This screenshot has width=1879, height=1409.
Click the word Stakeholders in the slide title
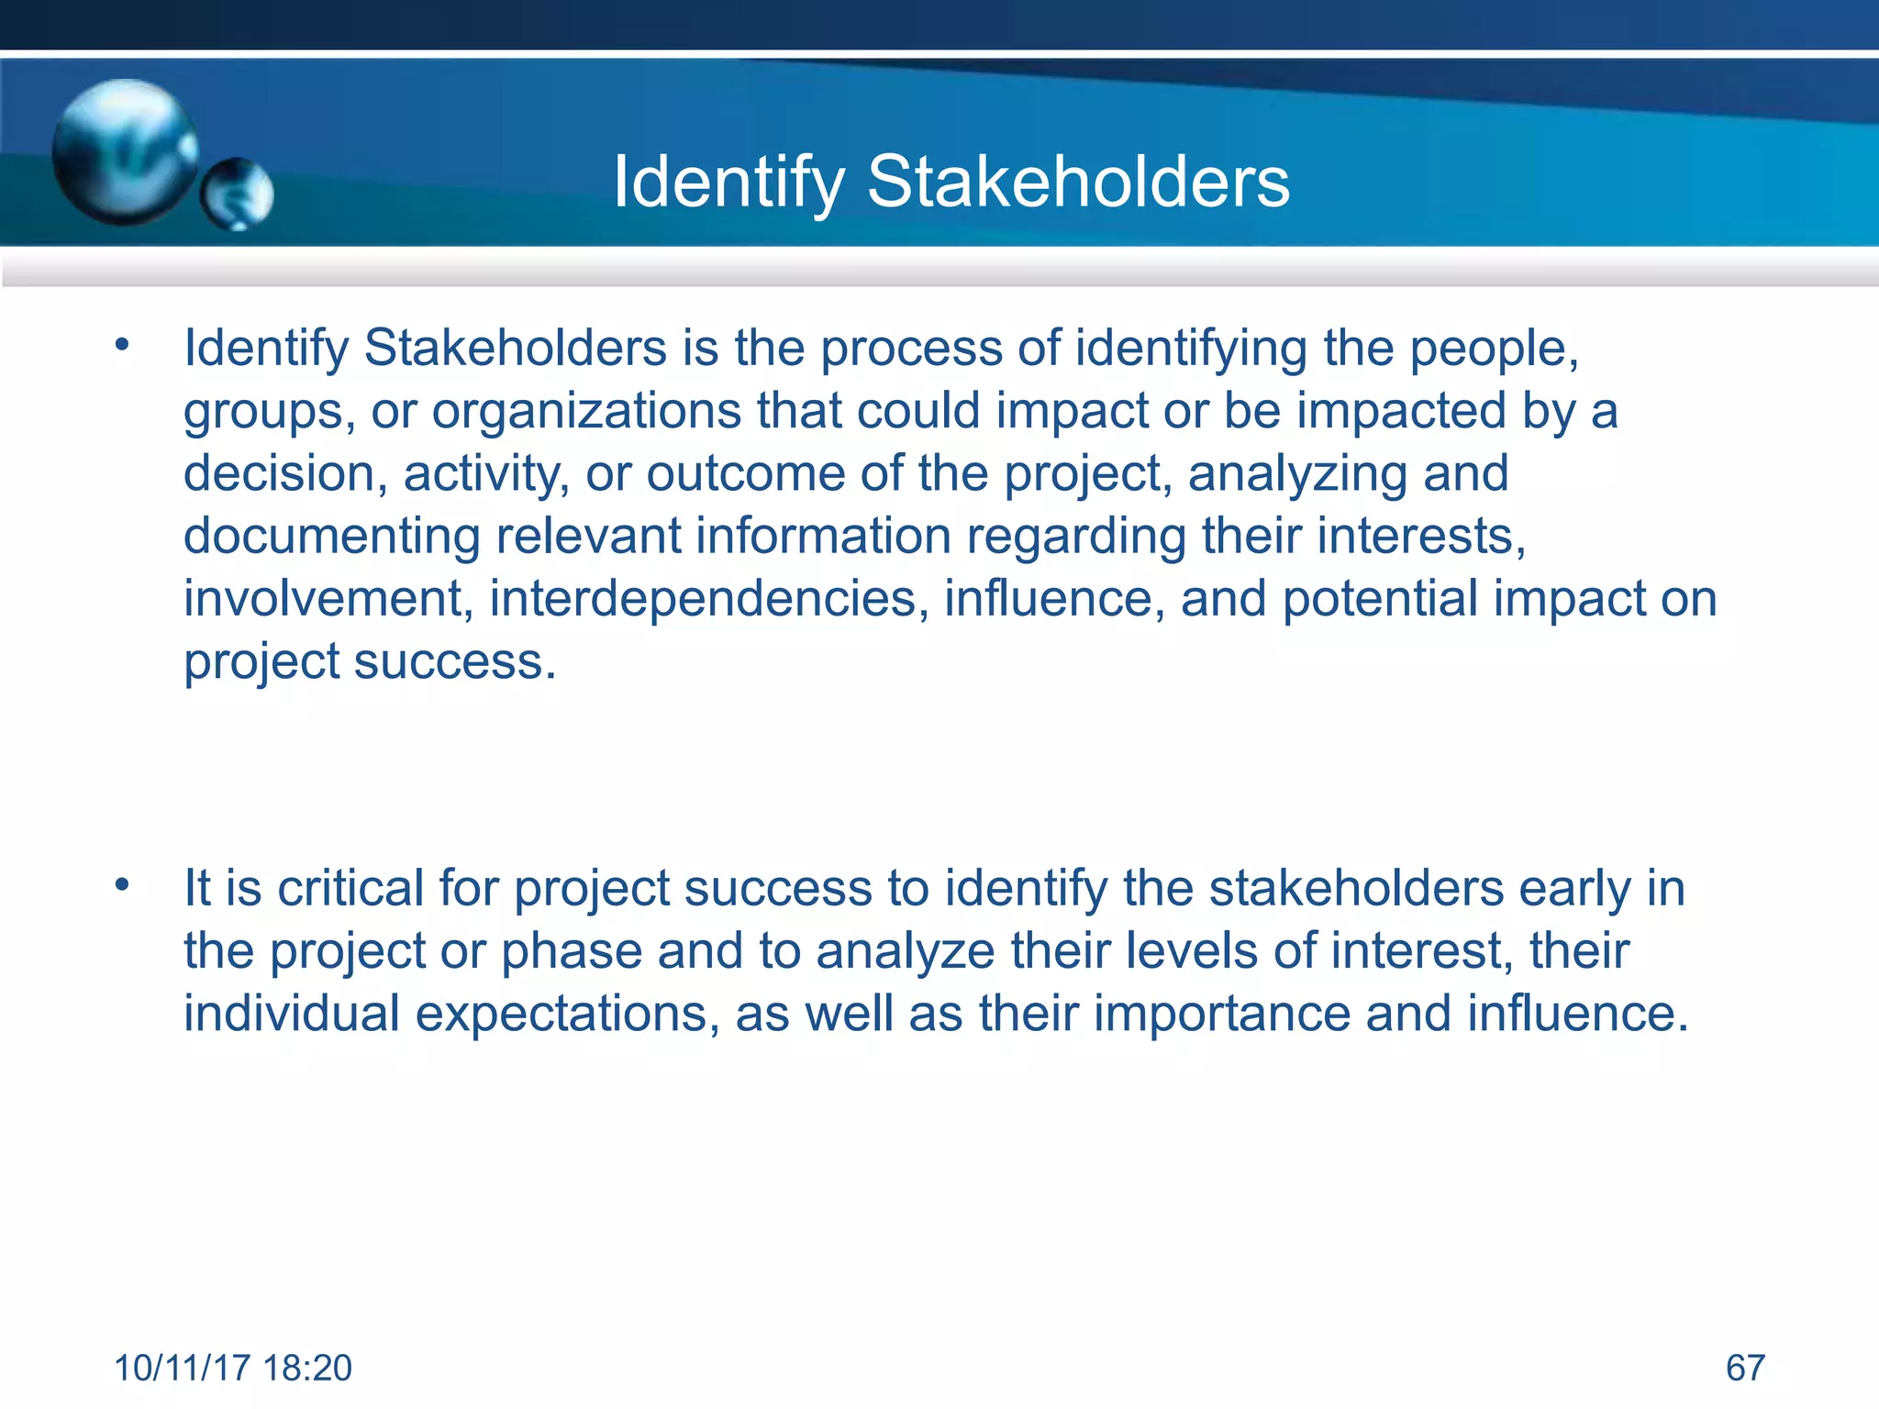[x=1078, y=182]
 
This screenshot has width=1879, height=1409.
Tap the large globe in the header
[x=124, y=151]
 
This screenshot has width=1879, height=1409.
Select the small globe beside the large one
[x=238, y=194]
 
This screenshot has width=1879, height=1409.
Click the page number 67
[x=1745, y=1368]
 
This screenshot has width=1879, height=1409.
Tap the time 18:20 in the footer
[x=307, y=1368]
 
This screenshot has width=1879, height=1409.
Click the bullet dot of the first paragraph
[x=122, y=346]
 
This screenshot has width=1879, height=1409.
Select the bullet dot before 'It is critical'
[x=122, y=885]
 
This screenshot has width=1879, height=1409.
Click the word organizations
[x=586, y=412]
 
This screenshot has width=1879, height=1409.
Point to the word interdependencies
[x=703, y=599]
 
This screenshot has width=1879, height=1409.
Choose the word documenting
[x=331, y=536]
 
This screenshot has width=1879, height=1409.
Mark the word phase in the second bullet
[x=571, y=952]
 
